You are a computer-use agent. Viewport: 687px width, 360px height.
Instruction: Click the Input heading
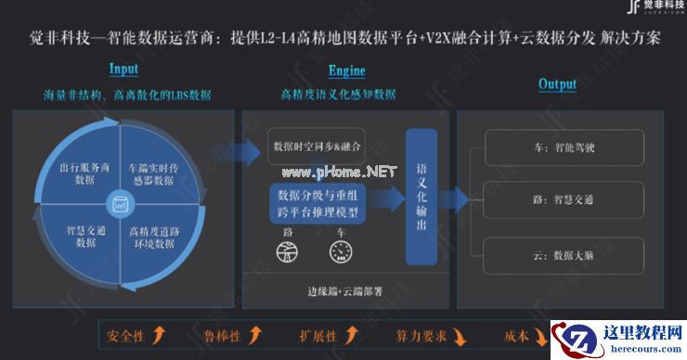[x=123, y=69]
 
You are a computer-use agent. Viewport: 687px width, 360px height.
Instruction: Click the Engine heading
[x=346, y=71]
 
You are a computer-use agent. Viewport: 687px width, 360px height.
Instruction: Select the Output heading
[x=557, y=84]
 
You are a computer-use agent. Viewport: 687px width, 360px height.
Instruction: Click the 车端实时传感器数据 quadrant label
[x=151, y=174]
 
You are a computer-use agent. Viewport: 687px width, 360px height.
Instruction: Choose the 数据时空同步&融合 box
[x=317, y=148]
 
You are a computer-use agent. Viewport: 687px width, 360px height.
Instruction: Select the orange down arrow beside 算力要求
[x=461, y=335]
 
